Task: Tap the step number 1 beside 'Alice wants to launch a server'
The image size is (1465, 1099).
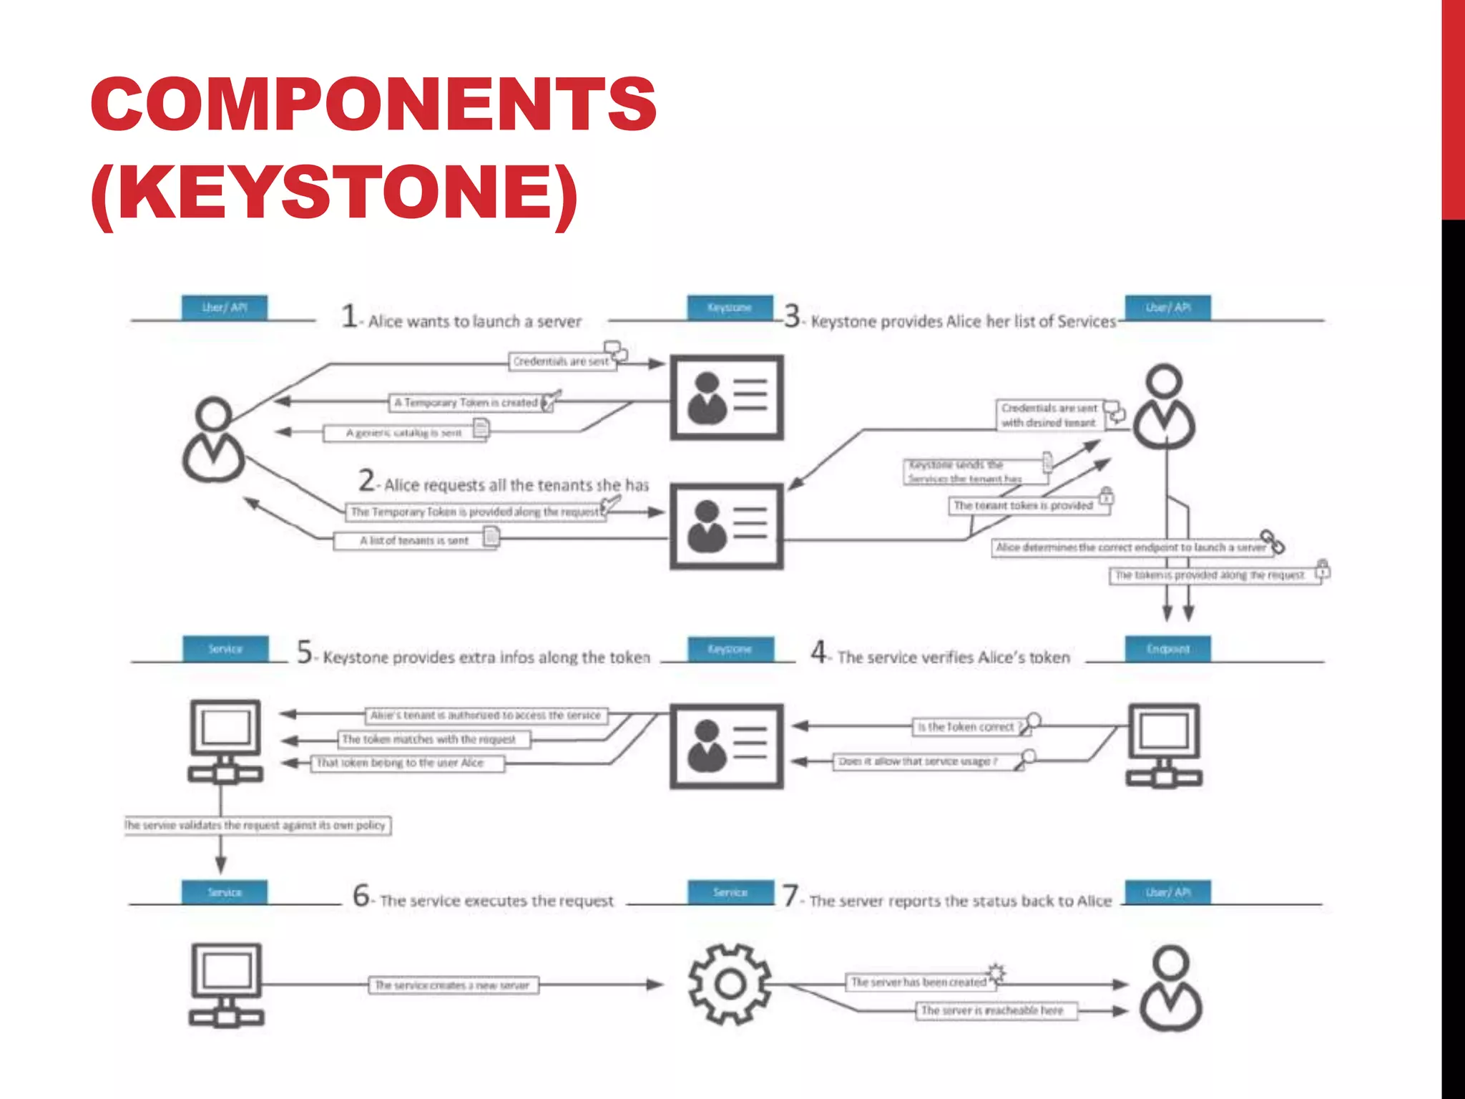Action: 349,316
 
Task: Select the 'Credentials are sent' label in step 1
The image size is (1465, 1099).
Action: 561,361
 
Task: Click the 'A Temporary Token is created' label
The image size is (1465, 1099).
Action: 466,403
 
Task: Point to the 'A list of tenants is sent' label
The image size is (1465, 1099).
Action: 414,541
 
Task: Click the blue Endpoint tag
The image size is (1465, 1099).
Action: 1167,649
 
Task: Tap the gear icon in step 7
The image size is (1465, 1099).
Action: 730,985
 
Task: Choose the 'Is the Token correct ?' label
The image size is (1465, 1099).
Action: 966,727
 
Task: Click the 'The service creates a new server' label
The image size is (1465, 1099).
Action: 453,985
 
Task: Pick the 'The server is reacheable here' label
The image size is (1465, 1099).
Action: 992,1010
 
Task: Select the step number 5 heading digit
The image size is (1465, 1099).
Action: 305,653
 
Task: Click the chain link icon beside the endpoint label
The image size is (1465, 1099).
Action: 1273,542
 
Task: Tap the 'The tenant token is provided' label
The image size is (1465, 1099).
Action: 1023,506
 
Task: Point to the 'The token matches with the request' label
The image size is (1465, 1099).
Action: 429,739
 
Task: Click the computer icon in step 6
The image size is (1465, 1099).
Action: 226,985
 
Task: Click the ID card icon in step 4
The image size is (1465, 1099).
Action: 726,746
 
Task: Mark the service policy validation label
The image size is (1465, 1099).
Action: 258,825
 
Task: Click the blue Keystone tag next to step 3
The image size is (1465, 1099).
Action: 730,307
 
